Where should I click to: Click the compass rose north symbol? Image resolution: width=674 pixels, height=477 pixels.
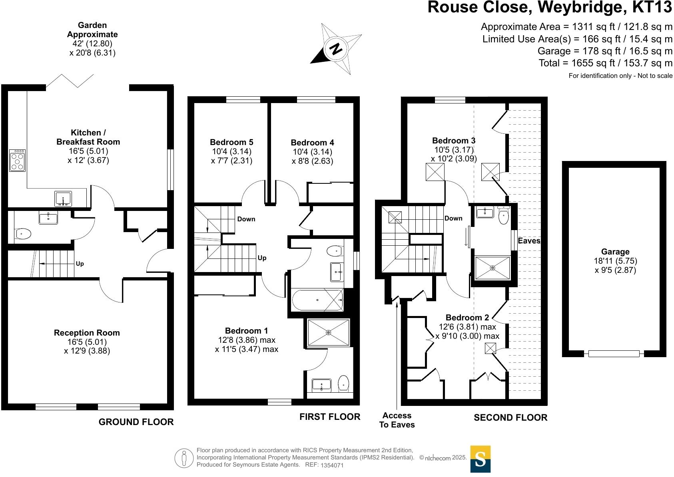[336, 49]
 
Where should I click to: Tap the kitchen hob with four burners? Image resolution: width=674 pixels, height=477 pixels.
[17, 161]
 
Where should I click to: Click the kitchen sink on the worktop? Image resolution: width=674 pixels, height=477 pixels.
[63, 199]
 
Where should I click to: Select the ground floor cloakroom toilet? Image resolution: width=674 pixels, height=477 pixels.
[23, 234]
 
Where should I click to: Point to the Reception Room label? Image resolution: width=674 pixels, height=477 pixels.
[87, 333]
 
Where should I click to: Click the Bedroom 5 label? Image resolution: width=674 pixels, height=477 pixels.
[231, 142]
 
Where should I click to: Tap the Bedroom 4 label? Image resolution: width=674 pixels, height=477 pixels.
[312, 143]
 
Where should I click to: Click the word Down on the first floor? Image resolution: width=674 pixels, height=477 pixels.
[246, 219]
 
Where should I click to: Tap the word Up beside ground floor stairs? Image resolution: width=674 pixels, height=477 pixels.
[80, 264]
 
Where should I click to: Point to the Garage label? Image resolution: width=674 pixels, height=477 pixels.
[615, 252]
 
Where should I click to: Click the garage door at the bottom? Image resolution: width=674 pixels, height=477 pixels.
[614, 354]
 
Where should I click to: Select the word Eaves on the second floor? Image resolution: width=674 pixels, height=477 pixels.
[529, 240]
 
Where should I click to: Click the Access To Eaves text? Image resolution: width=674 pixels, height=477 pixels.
[397, 420]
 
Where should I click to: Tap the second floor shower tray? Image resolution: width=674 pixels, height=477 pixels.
[493, 268]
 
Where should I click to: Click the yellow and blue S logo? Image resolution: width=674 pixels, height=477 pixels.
[480, 459]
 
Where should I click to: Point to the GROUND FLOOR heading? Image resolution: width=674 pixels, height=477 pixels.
[136, 422]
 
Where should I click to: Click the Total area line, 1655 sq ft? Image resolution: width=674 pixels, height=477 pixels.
[605, 63]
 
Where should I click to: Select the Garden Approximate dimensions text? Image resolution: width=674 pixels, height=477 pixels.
[92, 39]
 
